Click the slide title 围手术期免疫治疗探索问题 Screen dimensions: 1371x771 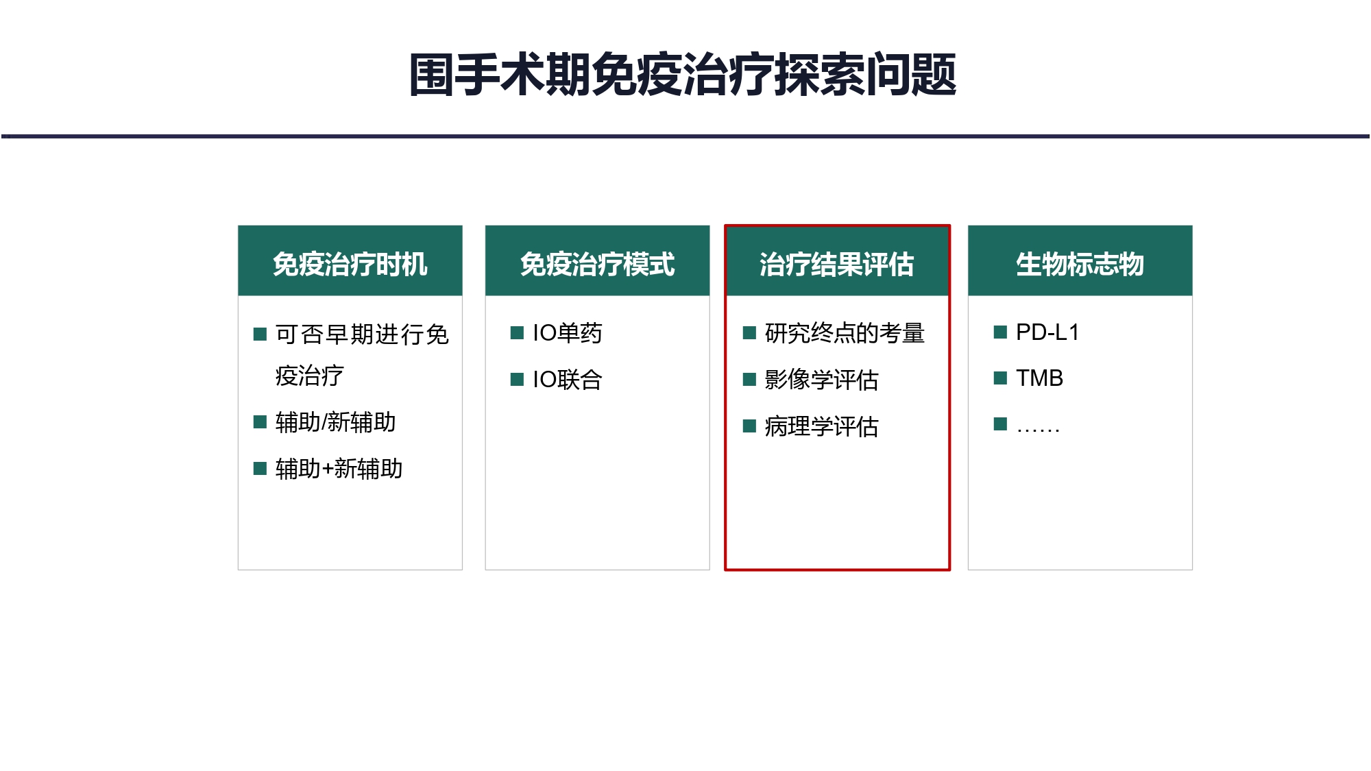tap(683, 74)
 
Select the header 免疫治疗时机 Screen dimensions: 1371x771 tap(350, 265)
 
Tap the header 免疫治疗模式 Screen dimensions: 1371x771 tap(597, 265)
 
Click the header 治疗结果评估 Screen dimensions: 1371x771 tap(836, 265)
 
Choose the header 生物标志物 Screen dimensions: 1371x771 tap(1080, 265)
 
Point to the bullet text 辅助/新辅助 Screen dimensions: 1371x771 tap(335, 422)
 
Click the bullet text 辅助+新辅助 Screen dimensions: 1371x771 tap(339, 469)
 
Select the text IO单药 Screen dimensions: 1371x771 tap(567, 333)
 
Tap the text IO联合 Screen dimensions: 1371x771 tap(567, 380)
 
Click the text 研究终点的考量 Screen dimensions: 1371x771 tap(845, 333)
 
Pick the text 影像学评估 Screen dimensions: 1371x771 tap(821, 380)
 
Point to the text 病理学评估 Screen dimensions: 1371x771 tap(821, 426)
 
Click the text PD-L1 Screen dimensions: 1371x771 tap(1047, 332)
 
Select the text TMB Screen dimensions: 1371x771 tap(1039, 378)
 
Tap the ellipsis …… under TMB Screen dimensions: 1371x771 tap(1038, 430)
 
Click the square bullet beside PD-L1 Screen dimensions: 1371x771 tap(1000, 332)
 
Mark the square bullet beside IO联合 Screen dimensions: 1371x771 tap(517, 380)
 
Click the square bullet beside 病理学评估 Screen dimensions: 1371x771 tap(749, 426)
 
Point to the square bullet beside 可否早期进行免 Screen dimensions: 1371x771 tap(260, 334)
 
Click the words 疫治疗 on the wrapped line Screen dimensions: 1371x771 tap(309, 376)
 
